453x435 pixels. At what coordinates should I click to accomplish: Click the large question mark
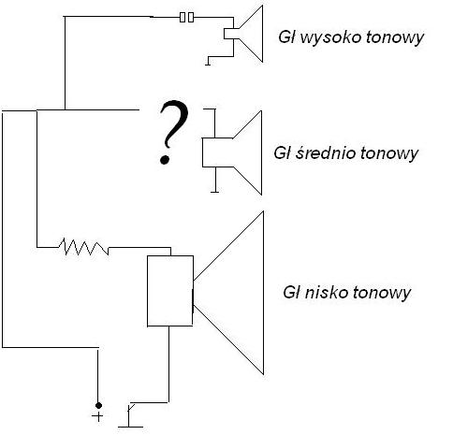[x=169, y=135]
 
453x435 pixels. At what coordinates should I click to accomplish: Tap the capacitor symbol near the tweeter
[x=188, y=17]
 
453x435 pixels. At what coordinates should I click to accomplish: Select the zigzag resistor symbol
[x=83, y=247]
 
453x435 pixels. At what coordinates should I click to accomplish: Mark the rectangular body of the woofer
[x=169, y=290]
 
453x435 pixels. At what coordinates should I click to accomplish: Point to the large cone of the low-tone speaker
[x=235, y=292]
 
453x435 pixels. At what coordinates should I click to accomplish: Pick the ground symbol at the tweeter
[x=208, y=64]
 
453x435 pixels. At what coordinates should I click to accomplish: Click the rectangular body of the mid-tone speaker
[x=214, y=151]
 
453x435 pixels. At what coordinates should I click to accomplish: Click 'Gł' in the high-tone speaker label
[x=289, y=38]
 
